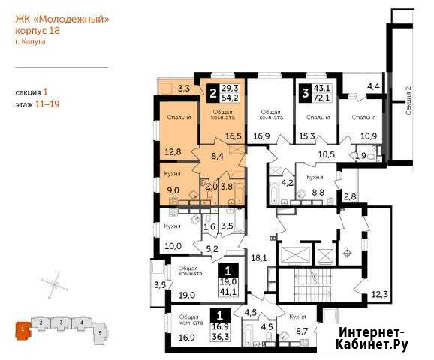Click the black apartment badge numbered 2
(212, 93)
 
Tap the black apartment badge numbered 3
(306, 93)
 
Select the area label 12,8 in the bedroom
(173, 151)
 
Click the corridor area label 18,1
(259, 258)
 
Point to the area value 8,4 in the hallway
(217, 156)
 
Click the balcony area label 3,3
(184, 89)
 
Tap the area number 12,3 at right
(379, 294)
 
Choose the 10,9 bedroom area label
(369, 136)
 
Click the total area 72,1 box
(322, 97)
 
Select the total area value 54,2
(230, 97)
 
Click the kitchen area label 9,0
(173, 190)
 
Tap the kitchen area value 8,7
(302, 331)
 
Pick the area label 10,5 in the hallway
(327, 154)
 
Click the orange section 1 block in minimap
(23, 329)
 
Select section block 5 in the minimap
(100, 333)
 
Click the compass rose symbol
(55, 284)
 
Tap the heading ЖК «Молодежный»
(62, 19)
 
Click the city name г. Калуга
(30, 42)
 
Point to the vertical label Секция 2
(408, 100)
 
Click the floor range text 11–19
(47, 104)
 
